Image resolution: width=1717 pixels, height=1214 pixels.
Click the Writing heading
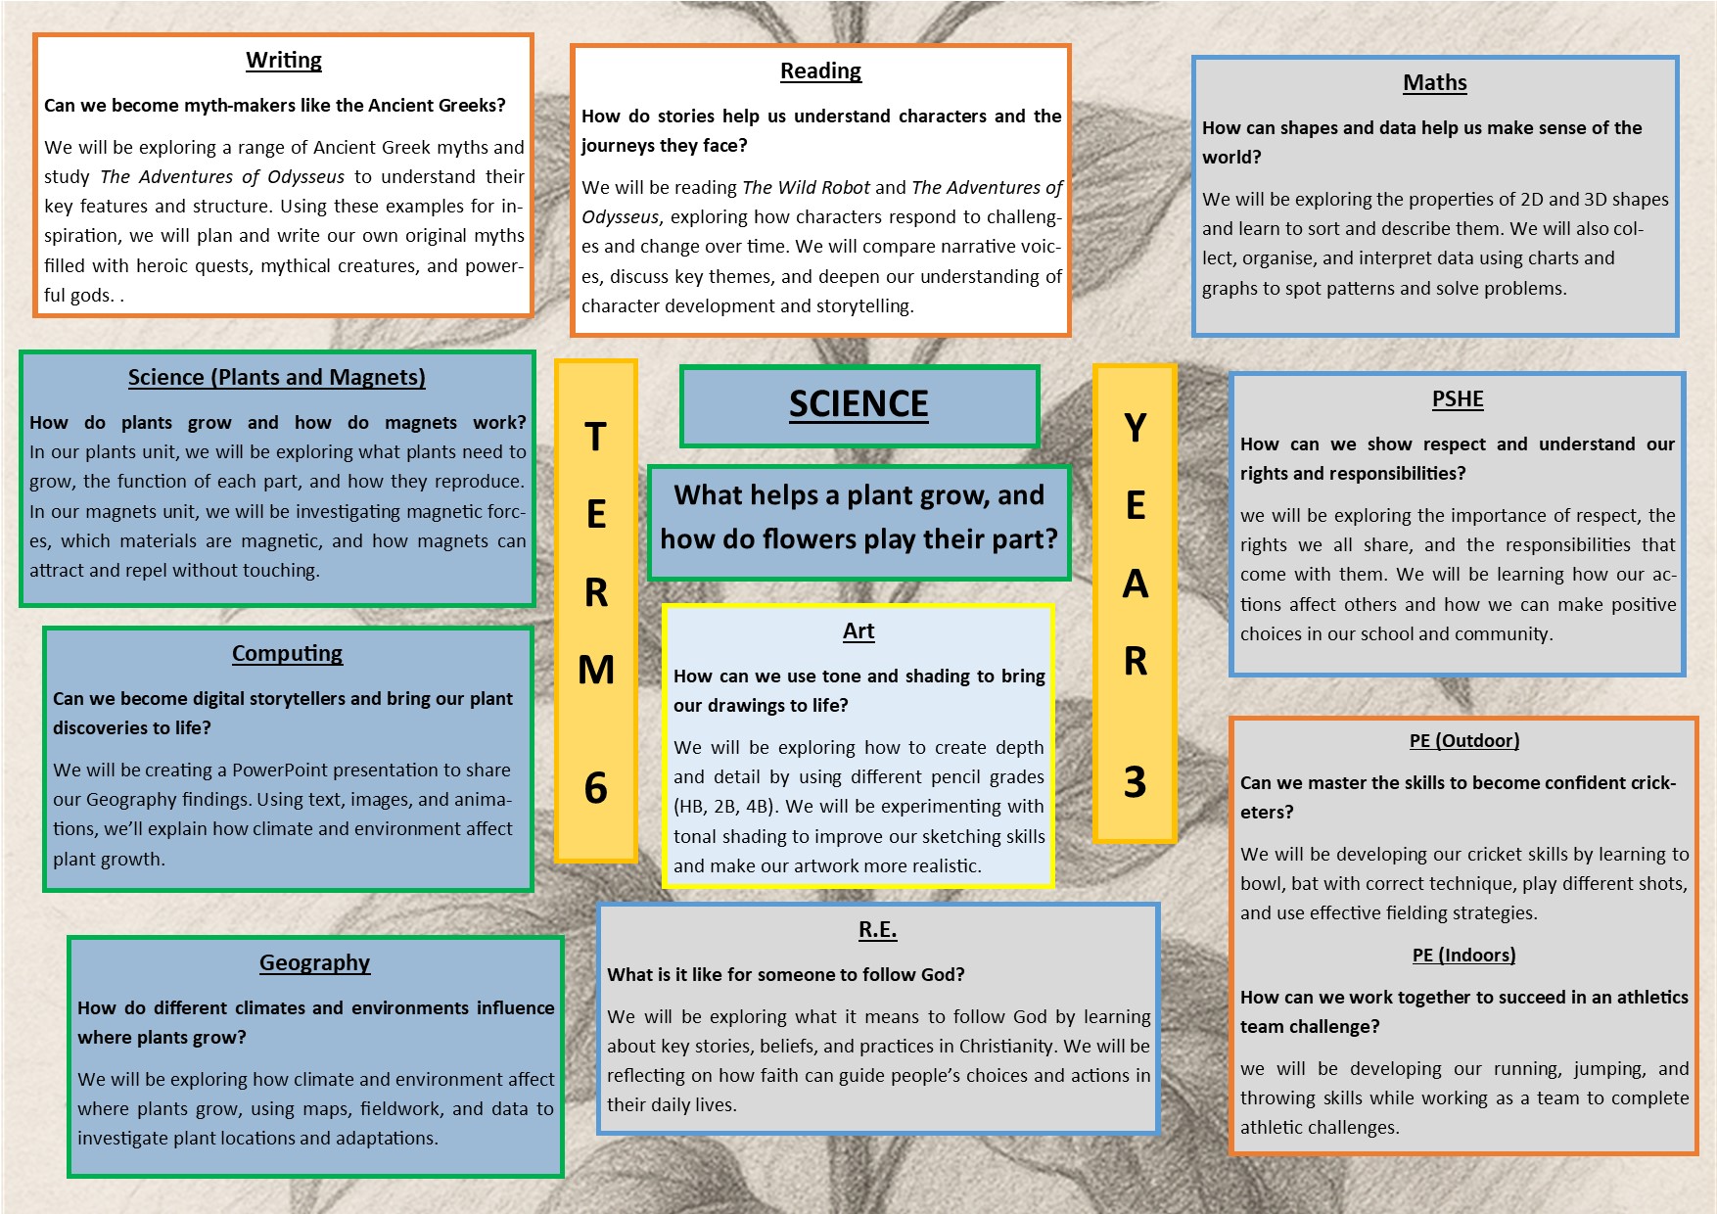click(x=284, y=61)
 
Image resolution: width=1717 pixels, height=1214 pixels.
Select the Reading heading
click(x=820, y=71)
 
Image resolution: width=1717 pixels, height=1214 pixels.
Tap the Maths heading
click(x=1435, y=83)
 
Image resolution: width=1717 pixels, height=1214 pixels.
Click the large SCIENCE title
click(x=858, y=404)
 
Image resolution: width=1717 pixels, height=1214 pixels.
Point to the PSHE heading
click(x=1458, y=399)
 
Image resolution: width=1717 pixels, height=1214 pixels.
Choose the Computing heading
click(x=287, y=654)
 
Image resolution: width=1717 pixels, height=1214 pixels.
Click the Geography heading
click(x=314, y=963)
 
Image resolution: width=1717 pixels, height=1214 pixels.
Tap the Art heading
click(x=858, y=631)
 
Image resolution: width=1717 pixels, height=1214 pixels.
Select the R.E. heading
click(x=877, y=930)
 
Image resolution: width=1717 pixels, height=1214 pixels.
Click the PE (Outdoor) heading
click(x=1464, y=741)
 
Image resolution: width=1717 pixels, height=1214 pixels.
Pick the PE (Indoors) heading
click(x=1463, y=956)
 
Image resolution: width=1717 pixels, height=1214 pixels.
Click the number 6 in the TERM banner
click(x=595, y=788)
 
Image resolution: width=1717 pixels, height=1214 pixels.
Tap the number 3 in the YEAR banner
click(x=1135, y=782)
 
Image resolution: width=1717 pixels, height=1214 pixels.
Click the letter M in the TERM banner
click(x=596, y=671)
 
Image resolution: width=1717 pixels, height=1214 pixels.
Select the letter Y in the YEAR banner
click(x=1135, y=428)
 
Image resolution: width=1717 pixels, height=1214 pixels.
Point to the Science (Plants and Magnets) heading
click(x=277, y=378)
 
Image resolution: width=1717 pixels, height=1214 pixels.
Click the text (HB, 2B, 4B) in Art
click(x=726, y=807)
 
